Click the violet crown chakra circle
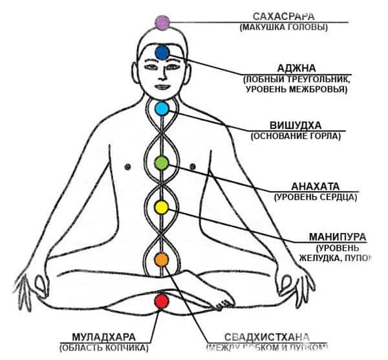162,23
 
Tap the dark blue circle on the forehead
162,52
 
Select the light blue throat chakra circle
162,108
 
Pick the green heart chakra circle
162,163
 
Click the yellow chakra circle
162,207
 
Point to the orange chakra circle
161,260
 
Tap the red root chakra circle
161,301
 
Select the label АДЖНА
297,67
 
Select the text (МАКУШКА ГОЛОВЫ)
283,27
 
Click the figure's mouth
162,86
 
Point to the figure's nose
162,76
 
